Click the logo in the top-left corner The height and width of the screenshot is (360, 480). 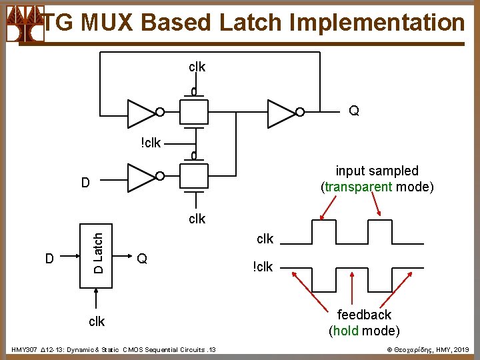coord(24,24)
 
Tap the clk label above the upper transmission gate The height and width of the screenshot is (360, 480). coord(197,67)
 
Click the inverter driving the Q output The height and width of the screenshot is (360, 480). coord(281,113)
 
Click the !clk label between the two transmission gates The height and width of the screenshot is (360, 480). coord(150,143)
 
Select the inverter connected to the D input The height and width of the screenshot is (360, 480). coord(141,177)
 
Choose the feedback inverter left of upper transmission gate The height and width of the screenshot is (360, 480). coord(141,113)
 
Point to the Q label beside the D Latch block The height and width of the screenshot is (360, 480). coord(141,259)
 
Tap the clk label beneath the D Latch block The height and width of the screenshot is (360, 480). coord(97,321)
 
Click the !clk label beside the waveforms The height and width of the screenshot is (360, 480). coord(263,267)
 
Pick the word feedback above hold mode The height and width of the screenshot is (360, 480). coord(364,315)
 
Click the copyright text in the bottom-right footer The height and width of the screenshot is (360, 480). coord(429,349)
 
